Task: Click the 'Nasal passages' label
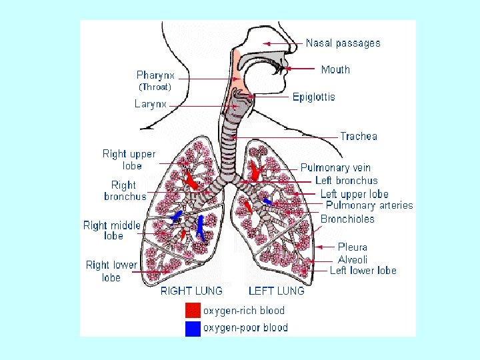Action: coord(343,43)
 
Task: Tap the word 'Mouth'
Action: coord(335,69)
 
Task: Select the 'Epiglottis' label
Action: coord(314,97)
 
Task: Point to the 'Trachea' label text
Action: coord(359,137)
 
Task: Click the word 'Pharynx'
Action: coord(155,75)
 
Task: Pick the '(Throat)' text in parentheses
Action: coord(155,87)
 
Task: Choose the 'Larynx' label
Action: coord(151,104)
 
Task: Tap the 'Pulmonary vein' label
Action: coord(335,168)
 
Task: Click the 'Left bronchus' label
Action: coord(347,181)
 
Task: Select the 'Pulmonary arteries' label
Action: coord(369,206)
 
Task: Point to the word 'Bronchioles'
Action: coord(347,219)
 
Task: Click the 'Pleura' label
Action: coord(353,247)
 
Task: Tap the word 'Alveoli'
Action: coord(353,259)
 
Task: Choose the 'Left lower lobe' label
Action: coord(363,271)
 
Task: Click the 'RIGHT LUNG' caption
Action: coord(191,291)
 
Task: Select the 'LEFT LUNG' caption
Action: coord(276,291)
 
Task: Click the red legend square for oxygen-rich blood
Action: coord(193,311)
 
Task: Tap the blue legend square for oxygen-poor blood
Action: coord(193,327)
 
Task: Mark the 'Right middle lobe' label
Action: coord(112,231)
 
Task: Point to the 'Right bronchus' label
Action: coord(124,191)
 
